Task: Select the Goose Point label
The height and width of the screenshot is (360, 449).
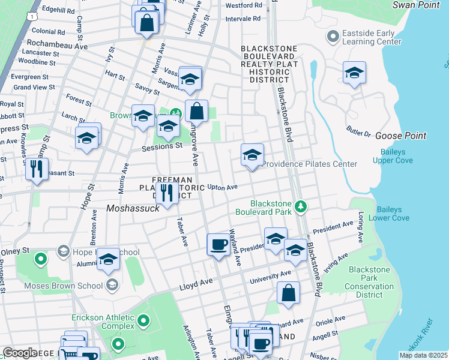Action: click(400, 136)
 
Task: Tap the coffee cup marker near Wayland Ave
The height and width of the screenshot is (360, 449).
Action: click(218, 245)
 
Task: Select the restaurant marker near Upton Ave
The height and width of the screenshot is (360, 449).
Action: click(167, 193)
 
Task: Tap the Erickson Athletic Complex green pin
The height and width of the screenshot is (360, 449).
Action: click(143, 322)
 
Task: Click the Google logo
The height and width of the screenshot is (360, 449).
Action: click(20, 353)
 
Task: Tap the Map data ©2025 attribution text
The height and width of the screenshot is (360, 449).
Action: click(423, 355)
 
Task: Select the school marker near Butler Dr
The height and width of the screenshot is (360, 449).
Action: click(354, 73)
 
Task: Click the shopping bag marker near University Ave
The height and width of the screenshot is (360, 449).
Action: click(289, 293)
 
